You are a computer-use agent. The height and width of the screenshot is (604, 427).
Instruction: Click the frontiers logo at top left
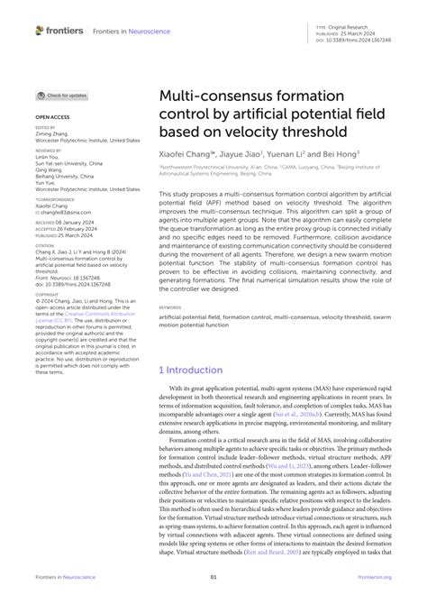[x=59, y=30]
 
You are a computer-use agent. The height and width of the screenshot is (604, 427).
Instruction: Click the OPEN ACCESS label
[x=53, y=117]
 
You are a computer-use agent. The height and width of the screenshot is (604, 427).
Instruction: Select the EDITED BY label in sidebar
[x=46, y=129]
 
